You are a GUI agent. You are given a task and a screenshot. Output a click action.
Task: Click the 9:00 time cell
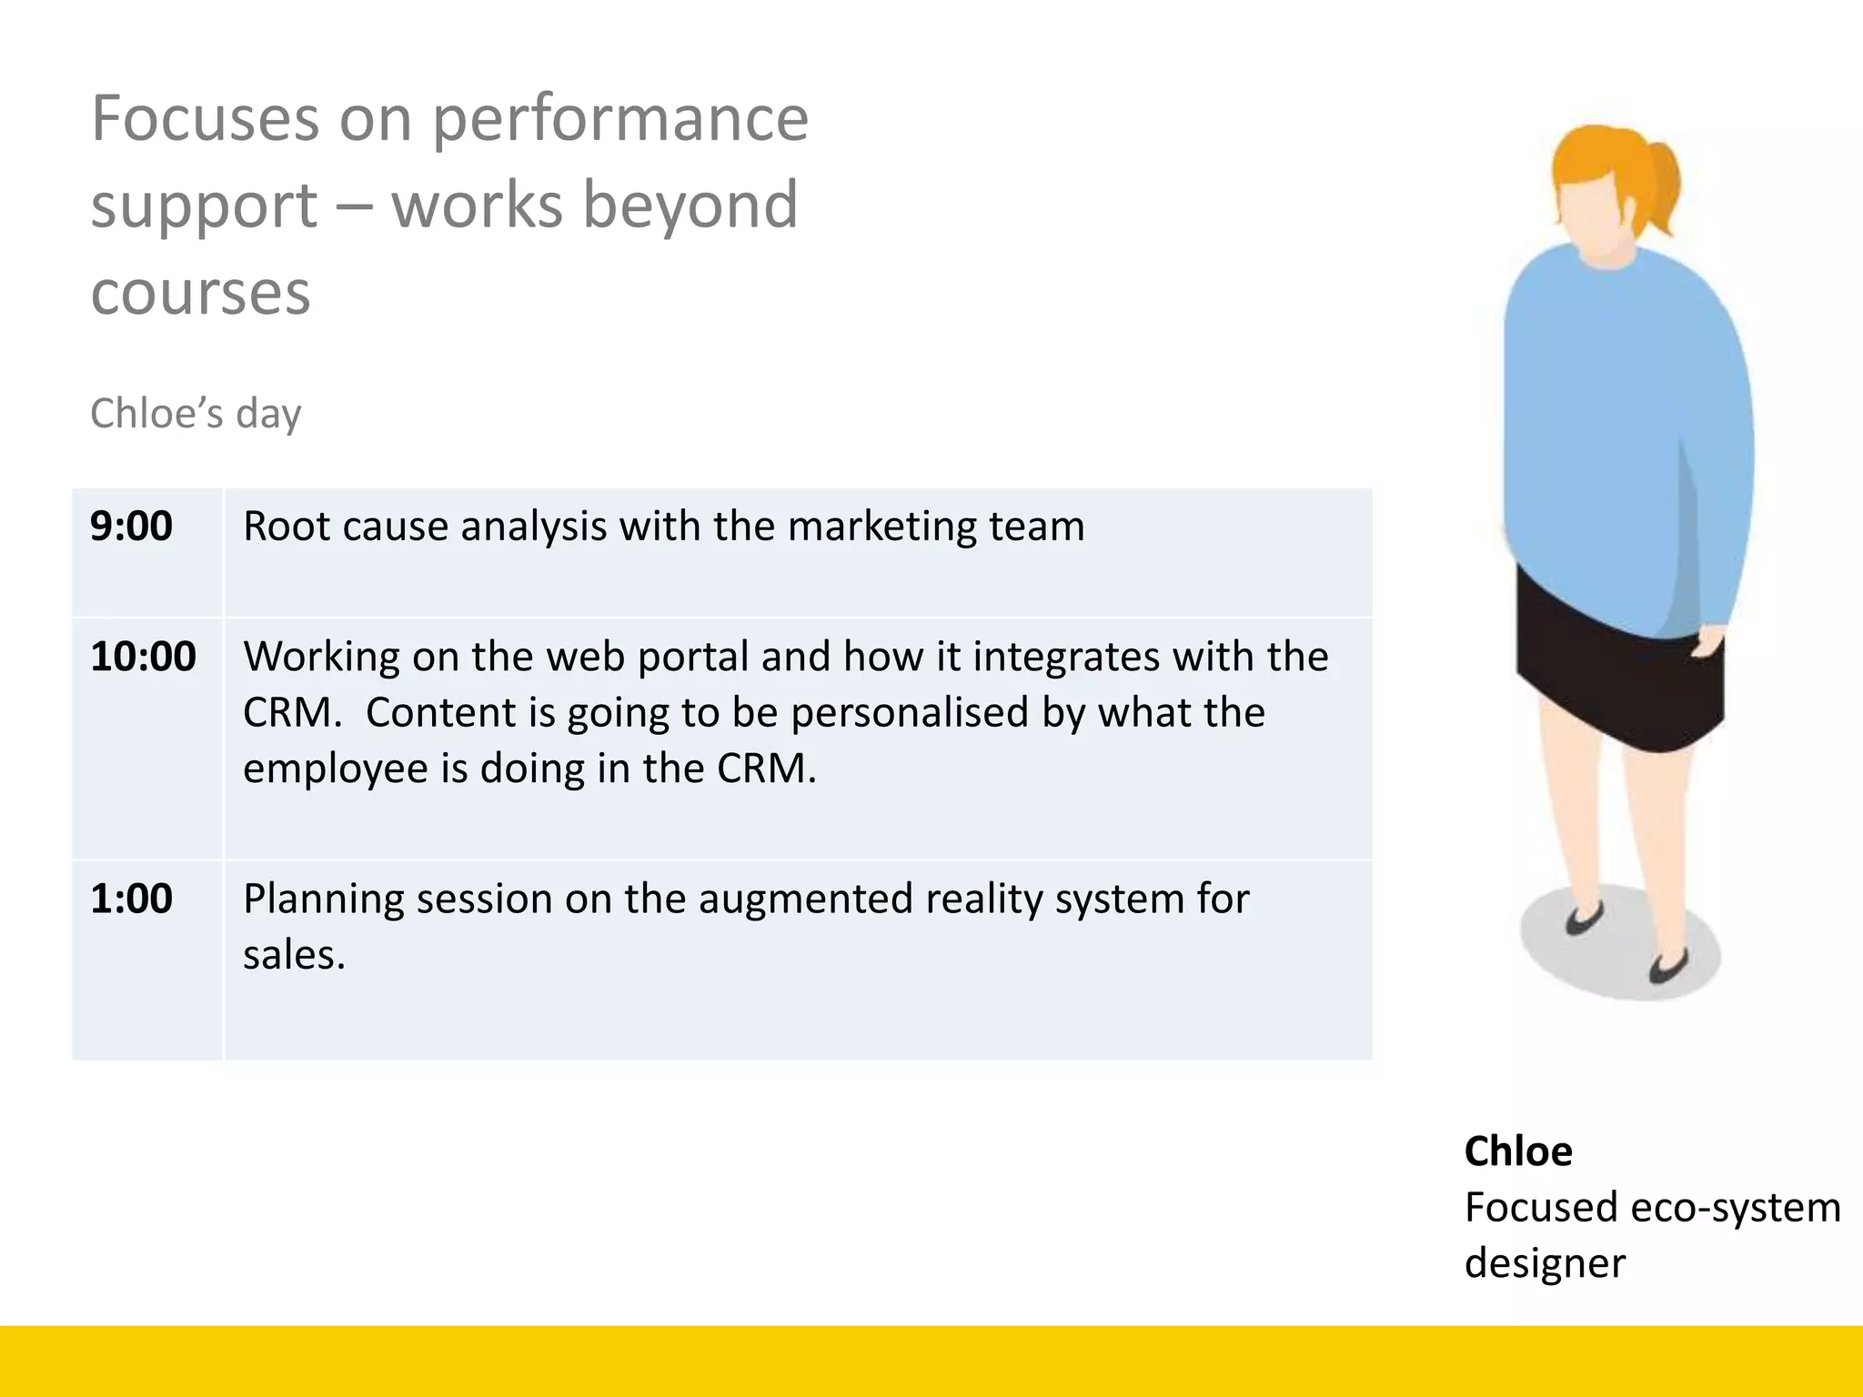pos(132,527)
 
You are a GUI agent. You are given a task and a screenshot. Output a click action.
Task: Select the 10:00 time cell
pos(143,657)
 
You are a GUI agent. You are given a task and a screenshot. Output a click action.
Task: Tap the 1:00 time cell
pos(132,899)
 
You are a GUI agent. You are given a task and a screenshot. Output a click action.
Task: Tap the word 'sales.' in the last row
pos(294,955)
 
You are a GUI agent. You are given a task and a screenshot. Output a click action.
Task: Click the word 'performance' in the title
pos(619,118)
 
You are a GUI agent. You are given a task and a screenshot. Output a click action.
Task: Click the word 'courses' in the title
pos(201,293)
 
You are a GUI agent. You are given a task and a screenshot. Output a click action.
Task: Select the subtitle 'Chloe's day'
pos(196,414)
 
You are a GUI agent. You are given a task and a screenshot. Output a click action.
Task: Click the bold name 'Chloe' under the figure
pos(1517,1151)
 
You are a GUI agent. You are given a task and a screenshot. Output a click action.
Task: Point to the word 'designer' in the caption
pos(1545,1263)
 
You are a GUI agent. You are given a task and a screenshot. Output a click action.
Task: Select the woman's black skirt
pos(1619,673)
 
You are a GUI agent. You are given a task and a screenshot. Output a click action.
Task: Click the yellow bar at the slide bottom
pos(931,1361)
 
